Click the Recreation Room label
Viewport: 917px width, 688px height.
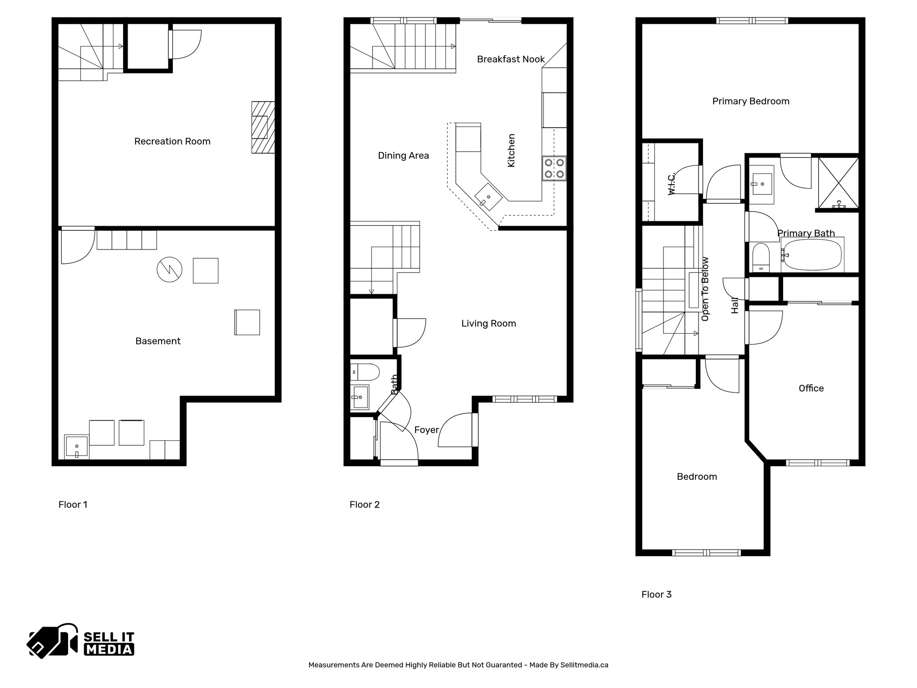click(172, 142)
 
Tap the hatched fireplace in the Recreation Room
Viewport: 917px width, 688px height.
click(263, 128)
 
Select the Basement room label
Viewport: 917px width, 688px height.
click(158, 341)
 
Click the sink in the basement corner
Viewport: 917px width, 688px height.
click(77, 447)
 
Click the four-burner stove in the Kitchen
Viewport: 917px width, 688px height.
click(554, 168)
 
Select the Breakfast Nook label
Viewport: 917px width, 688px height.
click(511, 59)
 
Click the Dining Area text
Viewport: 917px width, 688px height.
click(403, 156)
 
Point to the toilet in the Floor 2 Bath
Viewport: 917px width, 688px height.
click(364, 372)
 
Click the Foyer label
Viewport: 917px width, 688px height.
click(426, 430)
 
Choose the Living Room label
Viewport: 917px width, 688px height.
click(488, 323)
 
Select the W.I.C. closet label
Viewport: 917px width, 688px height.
click(671, 184)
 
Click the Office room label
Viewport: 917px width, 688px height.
click(811, 388)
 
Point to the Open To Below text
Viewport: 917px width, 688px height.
click(705, 289)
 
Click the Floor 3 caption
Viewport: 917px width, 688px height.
click(656, 594)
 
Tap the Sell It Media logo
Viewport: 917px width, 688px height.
click(81, 641)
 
